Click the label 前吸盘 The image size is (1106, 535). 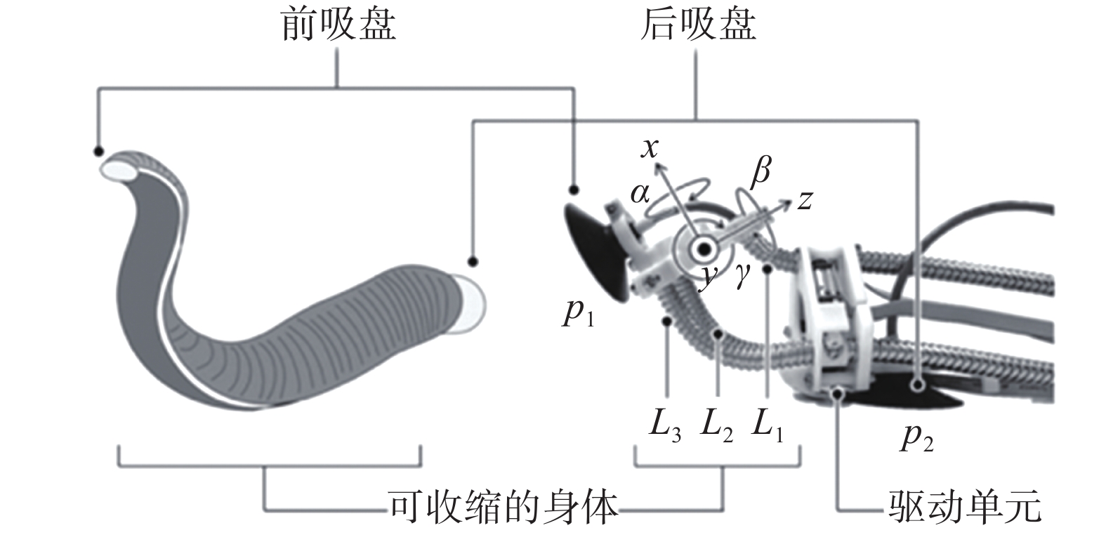tap(338, 26)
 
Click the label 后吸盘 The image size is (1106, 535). tap(698, 26)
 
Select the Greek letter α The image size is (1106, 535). tap(640, 192)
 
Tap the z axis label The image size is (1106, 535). tap(805, 201)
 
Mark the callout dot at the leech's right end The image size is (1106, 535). tap(473, 261)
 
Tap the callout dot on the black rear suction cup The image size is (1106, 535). tap(917, 385)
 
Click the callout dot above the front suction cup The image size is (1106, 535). tap(574, 190)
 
